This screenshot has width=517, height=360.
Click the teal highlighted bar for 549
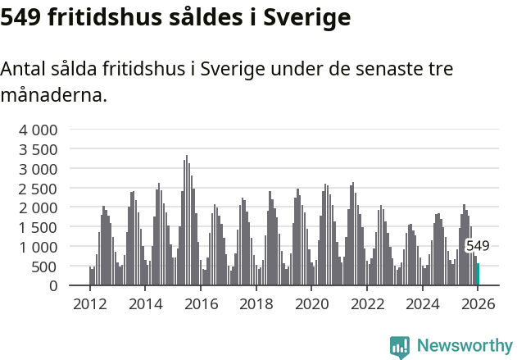tap(478, 275)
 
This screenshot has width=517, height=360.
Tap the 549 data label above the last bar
tap(478, 245)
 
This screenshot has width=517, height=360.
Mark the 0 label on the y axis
tap(53, 286)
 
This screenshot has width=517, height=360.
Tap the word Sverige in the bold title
tap(307, 16)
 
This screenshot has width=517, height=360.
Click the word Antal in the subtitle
tap(24, 69)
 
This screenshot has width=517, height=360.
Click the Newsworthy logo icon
tap(399, 347)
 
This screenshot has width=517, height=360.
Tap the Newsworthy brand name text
tap(464, 346)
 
